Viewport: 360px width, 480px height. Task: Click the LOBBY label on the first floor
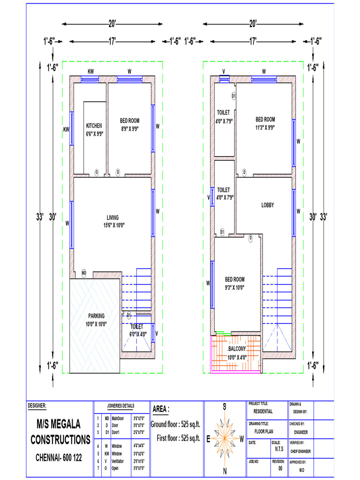(268, 205)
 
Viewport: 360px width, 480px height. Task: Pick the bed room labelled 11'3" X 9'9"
(265, 123)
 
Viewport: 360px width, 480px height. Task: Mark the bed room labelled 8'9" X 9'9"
(130, 124)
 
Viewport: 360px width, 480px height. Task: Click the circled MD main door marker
(84, 272)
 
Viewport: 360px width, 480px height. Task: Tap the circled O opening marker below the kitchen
(97, 172)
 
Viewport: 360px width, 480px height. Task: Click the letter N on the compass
(225, 471)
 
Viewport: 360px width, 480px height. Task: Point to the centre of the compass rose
(225, 438)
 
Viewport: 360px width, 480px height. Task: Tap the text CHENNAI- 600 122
(59, 457)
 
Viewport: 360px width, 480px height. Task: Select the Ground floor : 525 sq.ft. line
(175, 424)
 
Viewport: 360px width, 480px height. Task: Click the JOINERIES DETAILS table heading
(120, 406)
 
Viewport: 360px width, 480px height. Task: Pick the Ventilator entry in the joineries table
(118, 461)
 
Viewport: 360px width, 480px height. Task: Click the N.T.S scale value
(279, 448)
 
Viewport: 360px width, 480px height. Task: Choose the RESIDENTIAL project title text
(263, 412)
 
